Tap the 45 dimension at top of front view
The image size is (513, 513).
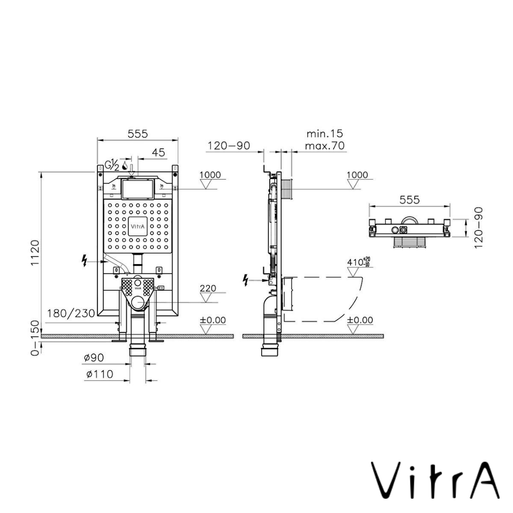click(x=158, y=152)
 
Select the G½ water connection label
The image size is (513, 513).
click(x=112, y=165)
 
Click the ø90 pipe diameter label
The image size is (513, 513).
click(x=95, y=357)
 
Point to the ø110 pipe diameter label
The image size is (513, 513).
click(x=100, y=374)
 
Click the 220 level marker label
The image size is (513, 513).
click(x=208, y=288)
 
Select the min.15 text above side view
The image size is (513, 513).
click(x=324, y=133)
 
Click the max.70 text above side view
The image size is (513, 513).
click(x=324, y=146)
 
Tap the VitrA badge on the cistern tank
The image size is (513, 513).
click(x=137, y=227)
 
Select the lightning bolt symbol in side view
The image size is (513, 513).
click(x=246, y=280)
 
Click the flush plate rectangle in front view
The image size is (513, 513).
click(x=137, y=190)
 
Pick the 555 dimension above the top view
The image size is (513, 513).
click(x=409, y=200)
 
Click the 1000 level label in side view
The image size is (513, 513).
click(x=357, y=175)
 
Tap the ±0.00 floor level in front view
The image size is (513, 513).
click(x=213, y=320)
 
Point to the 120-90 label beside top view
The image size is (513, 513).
click(x=478, y=227)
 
